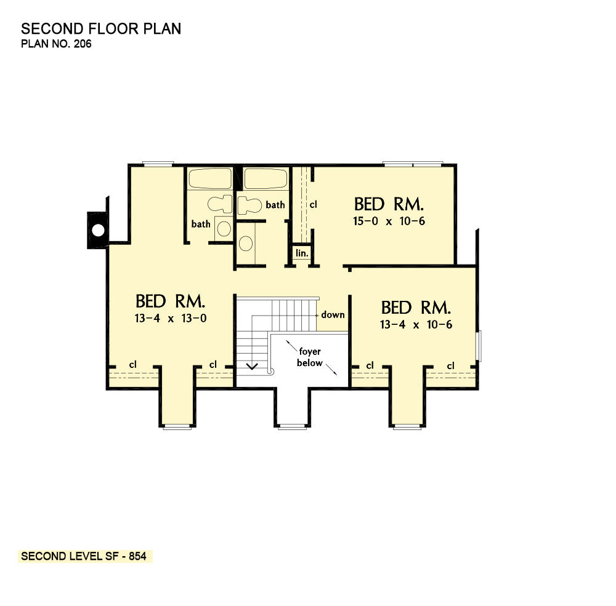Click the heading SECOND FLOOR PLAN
pyautogui.click(x=101, y=29)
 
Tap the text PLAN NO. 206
pyautogui.click(x=56, y=44)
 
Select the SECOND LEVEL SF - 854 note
pyautogui.click(x=84, y=556)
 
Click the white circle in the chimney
pyautogui.click(x=98, y=230)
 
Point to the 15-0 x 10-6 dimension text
pyautogui.click(x=389, y=221)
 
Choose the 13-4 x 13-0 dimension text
pyautogui.click(x=171, y=318)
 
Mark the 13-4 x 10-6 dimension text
pyautogui.click(x=416, y=325)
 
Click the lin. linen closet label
pyautogui.click(x=302, y=253)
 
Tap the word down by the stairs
pyautogui.click(x=333, y=314)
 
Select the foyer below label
pyautogui.click(x=310, y=357)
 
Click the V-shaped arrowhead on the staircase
pyautogui.click(x=252, y=367)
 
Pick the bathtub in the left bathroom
pyautogui.click(x=210, y=178)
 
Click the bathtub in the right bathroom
pyautogui.click(x=266, y=178)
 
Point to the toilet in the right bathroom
pyautogui.click(x=250, y=205)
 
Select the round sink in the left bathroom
pyautogui.click(x=224, y=228)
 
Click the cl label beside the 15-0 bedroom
pyautogui.click(x=313, y=204)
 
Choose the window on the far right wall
pyautogui.click(x=479, y=346)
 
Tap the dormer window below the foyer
pyautogui.click(x=292, y=426)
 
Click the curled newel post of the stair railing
pyautogui.click(x=270, y=371)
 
